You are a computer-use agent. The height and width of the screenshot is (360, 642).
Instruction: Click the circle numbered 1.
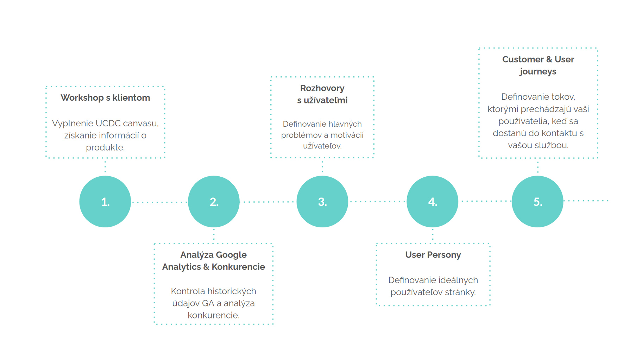click(x=105, y=202)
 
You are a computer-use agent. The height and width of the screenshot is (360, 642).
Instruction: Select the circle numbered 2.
click(x=214, y=202)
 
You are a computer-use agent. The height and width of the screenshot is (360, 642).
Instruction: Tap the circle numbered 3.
click(x=322, y=202)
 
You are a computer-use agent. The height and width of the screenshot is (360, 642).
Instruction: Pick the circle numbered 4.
click(x=433, y=202)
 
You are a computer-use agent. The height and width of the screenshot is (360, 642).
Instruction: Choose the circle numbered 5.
click(x=537, y=202)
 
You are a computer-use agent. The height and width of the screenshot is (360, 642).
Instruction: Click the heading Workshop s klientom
click(x=105, y=98)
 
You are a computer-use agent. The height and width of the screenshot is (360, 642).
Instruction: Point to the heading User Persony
click(x=433, y=255)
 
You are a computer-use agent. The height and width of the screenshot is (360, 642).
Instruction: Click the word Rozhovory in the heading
click(x=322, y=88)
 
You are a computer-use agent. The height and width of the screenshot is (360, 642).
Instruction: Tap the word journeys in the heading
click(x=538, y=72)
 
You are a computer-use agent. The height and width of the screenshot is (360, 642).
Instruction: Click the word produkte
click(x=105, y=148)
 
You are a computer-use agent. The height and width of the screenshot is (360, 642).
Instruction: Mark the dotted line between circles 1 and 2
click(x=159, y=202)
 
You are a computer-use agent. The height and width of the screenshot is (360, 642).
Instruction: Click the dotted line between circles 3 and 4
click(x=377, y=202)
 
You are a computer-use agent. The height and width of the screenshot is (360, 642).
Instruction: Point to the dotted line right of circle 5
click(x=586, y=201)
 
